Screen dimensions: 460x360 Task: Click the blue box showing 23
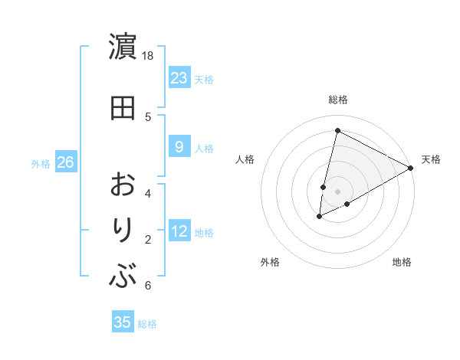coord(179,78)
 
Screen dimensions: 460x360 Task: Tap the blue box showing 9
coord(179,147)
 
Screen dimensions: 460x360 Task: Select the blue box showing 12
coord(179,231)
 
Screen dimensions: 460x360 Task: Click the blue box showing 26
coord(65,162)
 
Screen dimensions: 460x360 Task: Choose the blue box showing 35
coord(123,322)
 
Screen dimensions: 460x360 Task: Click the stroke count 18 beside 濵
coord(148,56)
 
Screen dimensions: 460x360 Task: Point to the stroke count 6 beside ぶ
coord(148,286)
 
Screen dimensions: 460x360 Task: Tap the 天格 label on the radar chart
coord(431,159)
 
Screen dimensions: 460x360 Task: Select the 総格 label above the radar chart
coord(338,100)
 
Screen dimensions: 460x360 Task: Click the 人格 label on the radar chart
coord(245,159)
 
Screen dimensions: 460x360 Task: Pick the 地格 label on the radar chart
coord(402,262)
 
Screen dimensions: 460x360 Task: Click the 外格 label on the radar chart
coord(270,262)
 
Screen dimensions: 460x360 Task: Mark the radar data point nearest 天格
coord(411,168)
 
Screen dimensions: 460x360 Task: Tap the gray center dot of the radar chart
coord(337,191)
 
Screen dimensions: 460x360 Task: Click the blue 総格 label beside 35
coord(147,324)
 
